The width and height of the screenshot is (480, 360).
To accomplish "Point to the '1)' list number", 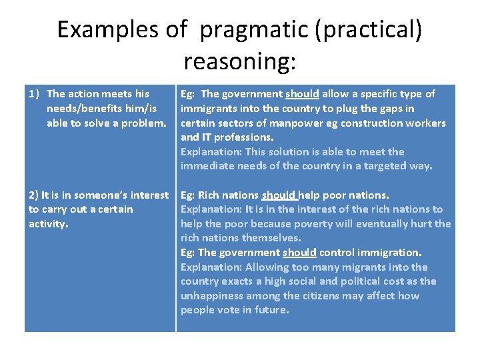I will [35, 94].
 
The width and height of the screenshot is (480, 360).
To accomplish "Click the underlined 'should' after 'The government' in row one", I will [302, 94].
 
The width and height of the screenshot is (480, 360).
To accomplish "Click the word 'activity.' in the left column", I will [49, 224].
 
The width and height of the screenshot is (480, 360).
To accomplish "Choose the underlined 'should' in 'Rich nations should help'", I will [279, 195].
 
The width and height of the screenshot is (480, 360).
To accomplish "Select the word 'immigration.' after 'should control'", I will [392, 253].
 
